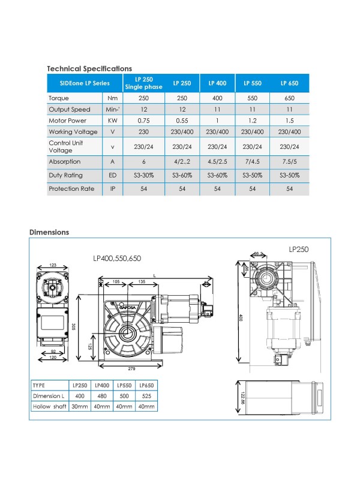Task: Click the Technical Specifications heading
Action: click(x=89, y=68)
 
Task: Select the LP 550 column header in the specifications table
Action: click(x=254, y=83)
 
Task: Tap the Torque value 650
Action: click(x=289, y=97)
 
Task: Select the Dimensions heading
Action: click(x=49, y=232)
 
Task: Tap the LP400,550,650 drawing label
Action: click(x=117, y=258)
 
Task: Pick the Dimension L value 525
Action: click(x=146, y=396)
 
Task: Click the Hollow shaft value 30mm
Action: click(x=80, y=406)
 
